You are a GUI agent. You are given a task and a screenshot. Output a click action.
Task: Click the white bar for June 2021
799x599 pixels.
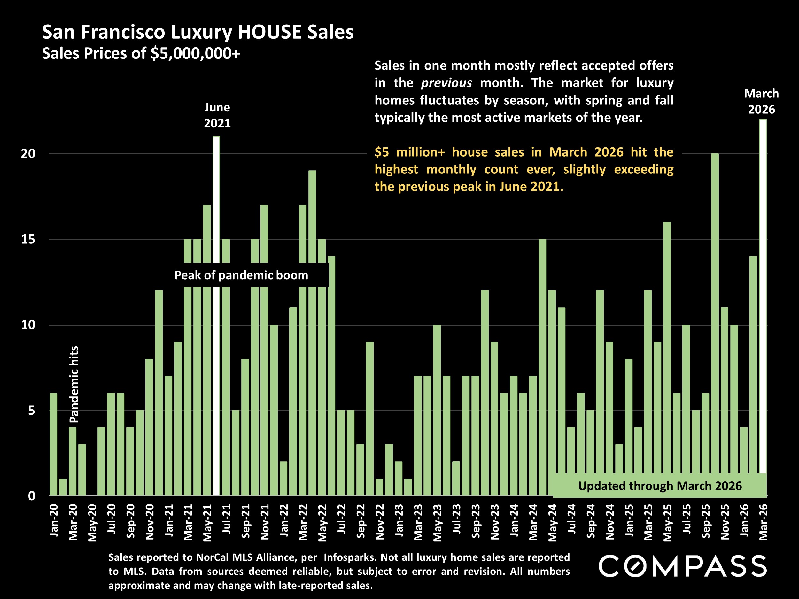tap(216, 202)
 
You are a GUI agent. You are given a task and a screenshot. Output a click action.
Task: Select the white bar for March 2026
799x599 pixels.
tap(763, 296)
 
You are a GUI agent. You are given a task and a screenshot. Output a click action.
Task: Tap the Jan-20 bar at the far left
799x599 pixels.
tap(53, 444)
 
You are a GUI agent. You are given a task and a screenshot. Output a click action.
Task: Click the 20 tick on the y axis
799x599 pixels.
tap(28, 154)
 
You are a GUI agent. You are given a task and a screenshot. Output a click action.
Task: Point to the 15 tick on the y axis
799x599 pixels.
tap(28, 239)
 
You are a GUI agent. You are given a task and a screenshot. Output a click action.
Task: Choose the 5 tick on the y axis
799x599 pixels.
tap(31, 411)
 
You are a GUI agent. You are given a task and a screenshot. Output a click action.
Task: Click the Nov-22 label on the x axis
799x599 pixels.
tap(380, 522)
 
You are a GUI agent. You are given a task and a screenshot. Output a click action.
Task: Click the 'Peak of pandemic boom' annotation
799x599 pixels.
tap(241, 275)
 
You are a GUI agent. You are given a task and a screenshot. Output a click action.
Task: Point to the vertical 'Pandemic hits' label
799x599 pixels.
tap(74, 384)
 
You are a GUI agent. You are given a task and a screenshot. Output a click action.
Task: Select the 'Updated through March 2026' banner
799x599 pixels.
tap(660, 486)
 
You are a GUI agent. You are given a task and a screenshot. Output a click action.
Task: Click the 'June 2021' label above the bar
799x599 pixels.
tap(217, 115)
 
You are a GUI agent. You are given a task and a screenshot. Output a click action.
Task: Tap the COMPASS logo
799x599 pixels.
tap(682, 566)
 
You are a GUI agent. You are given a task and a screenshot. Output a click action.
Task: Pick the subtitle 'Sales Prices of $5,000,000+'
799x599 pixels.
tap(141, 53)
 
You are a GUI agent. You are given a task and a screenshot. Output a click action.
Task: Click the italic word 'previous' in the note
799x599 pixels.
tap(446, 83)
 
